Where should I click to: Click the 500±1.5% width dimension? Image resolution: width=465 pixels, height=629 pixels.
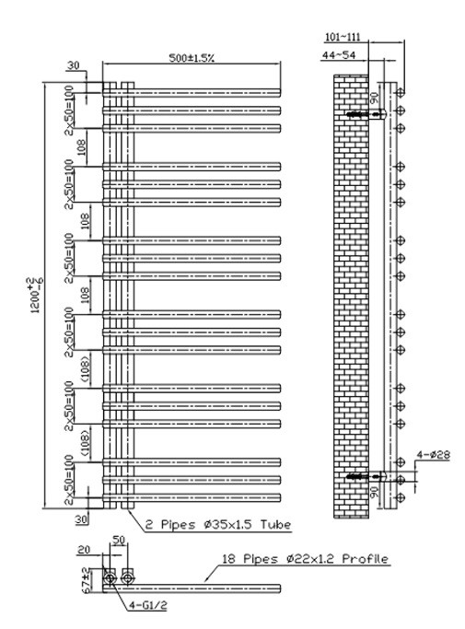tap(192, 58)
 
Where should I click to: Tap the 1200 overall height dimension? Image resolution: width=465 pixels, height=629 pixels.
tap(34, 295)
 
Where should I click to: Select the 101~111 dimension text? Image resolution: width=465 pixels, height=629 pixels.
tap(343, 38)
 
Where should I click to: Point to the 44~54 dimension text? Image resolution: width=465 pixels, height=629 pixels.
tap(339, 55)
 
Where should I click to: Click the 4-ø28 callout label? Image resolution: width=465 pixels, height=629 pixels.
tap(434, 455)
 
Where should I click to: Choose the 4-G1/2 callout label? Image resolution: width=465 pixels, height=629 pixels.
tap(148, 605)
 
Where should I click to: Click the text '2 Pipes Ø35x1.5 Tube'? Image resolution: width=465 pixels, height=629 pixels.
tap(218, 524)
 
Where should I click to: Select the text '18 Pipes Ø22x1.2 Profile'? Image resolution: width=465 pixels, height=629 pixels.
tap(305, 559)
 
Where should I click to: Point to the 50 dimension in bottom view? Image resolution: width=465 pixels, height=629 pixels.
tap(119, 541)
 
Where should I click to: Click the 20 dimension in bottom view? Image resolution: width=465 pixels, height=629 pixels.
tap(84, 549)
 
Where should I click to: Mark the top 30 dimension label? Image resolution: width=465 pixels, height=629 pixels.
tap(73, 65)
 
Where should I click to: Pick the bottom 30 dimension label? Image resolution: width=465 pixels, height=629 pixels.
tap(81, 519)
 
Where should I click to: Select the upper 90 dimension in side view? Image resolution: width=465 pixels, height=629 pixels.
tap(374, 99)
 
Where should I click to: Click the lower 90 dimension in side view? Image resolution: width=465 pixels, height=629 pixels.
tap(374, 492)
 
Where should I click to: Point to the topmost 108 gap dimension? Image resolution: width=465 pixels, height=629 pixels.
tap(81, 147)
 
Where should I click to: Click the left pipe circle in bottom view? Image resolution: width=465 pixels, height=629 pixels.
tap(110, 578)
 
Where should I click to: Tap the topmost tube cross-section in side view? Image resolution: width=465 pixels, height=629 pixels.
tap(400, 93)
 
